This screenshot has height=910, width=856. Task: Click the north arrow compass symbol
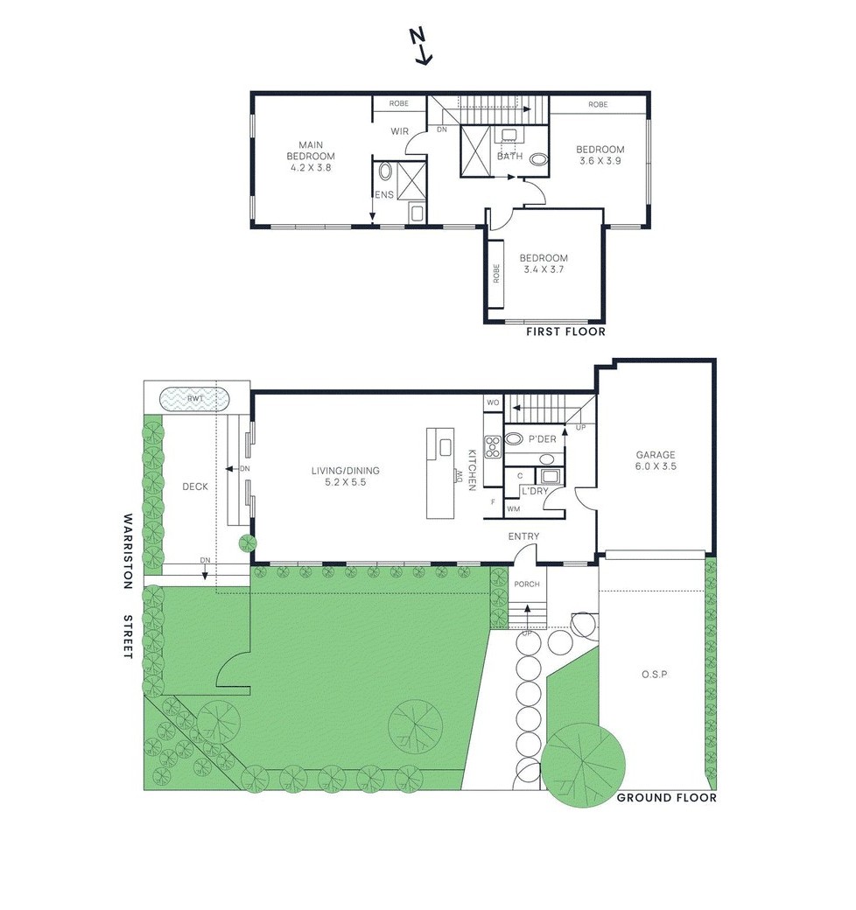point(422,45)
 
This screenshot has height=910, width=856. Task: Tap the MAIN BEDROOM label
point(311,150)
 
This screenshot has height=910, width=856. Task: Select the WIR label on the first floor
point(399,131)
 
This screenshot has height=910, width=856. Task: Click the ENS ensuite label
point(384,194)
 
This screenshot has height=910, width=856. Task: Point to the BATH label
point(509,157)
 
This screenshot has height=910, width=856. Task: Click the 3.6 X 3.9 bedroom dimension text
point(600,161)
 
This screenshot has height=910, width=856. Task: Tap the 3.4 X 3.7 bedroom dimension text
point(544,269)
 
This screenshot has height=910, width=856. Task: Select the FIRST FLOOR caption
point(565,332)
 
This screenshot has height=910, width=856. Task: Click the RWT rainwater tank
point(195,398)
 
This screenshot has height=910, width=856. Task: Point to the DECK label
point(194,486)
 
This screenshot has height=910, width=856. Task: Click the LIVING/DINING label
point(345,471)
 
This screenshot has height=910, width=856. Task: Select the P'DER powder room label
point(542,438)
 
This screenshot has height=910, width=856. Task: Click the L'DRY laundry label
point(534,491)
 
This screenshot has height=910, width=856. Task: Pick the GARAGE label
point(656,455)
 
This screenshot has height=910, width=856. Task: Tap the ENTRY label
point(523,536)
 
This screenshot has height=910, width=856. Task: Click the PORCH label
point(527,584)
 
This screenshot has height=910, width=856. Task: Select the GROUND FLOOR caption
point(666,797)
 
